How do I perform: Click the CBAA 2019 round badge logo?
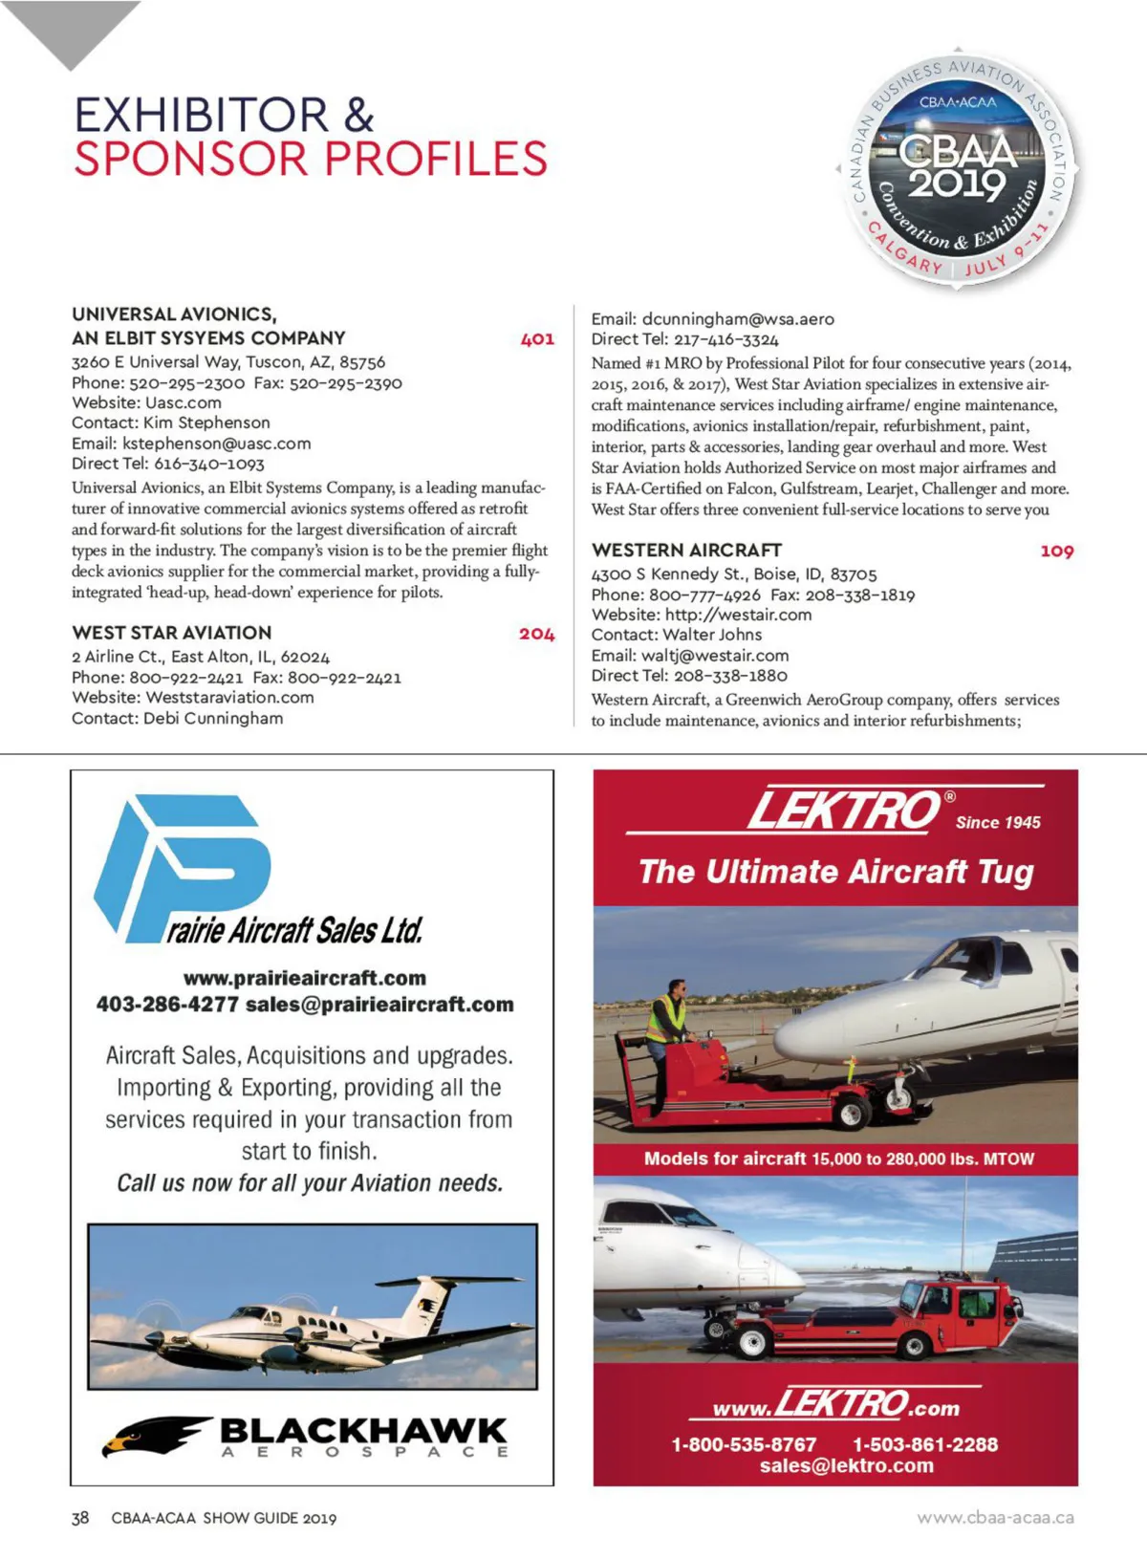point(958,165)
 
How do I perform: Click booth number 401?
point(537,338)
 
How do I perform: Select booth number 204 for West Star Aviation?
point(536,634)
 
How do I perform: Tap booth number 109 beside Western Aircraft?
point(1056,551)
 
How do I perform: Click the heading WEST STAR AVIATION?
point(172,633)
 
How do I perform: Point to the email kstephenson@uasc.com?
point(216,444)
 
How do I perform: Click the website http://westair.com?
point(738,615)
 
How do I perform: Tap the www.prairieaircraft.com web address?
point(305,978)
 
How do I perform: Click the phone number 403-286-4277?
point(167,1005)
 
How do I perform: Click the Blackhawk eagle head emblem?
point(153,1435)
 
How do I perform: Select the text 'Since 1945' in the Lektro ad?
point(998,822)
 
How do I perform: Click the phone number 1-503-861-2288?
point(924,1444)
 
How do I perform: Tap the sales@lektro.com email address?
point(846,1466)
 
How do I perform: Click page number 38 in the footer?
point(80,1518)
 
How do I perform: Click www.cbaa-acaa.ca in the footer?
point(995,1518)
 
